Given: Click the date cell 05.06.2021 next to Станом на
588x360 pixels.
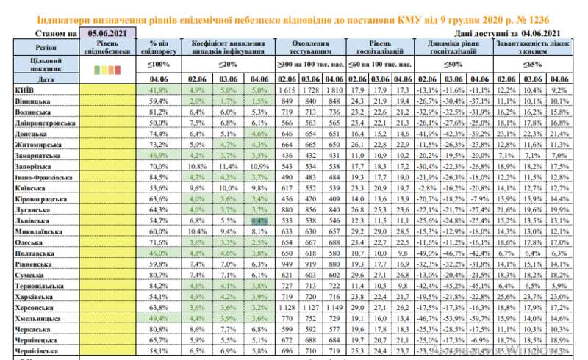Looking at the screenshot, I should click(x=109, y=32).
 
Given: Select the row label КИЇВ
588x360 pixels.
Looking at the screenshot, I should click(x=23, y=89).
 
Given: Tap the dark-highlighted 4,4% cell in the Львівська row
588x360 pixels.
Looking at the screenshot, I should click(x=259, y=220).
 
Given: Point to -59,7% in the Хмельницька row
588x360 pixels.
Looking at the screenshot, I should click(x=479, y=320).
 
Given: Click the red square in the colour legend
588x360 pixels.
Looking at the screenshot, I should click(x=118, y=70).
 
